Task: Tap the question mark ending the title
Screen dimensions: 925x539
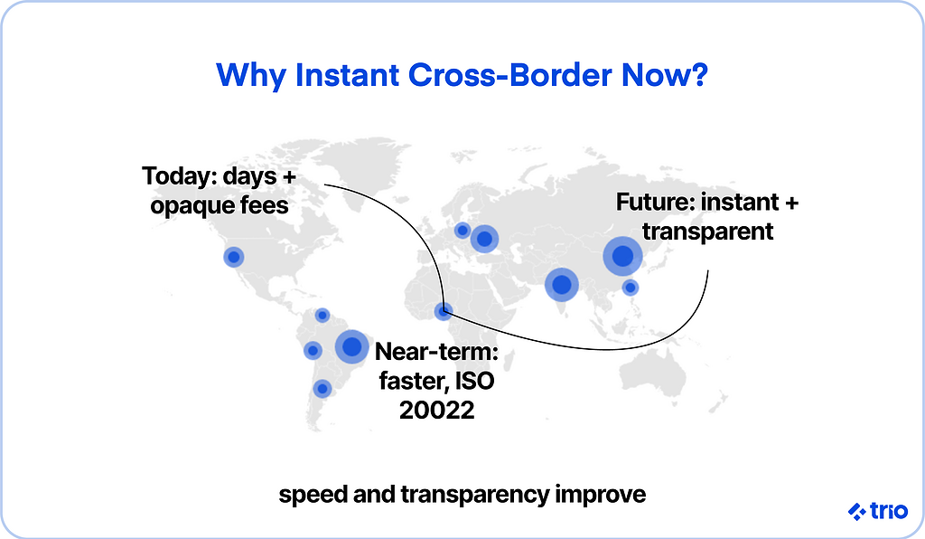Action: pyautogui.click(x=700, y=75)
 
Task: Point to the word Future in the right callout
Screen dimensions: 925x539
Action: pyautogui.click(x=656, y=202)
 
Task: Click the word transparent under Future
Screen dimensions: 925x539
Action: pyautogui.click(x=707, y=231)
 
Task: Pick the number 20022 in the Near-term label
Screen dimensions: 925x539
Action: pyautogui.click(x=436, y=410)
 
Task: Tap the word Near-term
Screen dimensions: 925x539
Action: pyautogui.click(x=437, y=351)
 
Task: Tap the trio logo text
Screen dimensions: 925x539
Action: pyautogui.click(x=889, y=511)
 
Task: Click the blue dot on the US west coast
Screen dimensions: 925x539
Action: pyautogui.click(x=234, y=257)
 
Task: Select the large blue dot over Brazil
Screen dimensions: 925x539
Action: pyautogui.click(x=351, y=346)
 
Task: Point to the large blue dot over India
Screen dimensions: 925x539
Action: pyautogui.click(x=562, y=285)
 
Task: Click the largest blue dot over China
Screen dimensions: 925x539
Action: pyautogui.click(x=622, y=256)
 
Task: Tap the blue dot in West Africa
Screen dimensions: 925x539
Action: pyautogui.click(x=443, y=311)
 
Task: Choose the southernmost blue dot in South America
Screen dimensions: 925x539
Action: pyautogui.click(x=322, y=389)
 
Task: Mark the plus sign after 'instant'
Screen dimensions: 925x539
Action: pyautogui.click(x=791, y=203)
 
